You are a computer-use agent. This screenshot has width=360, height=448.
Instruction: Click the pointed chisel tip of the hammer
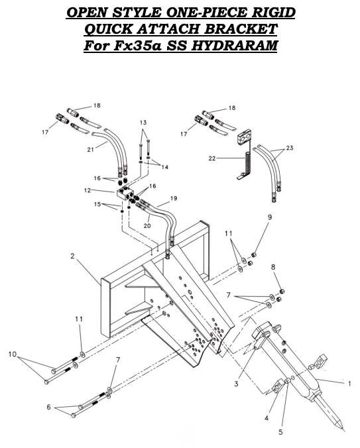click(x=341, y=427)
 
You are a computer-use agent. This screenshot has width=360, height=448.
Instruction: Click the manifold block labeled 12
click(x=126, y=194)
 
